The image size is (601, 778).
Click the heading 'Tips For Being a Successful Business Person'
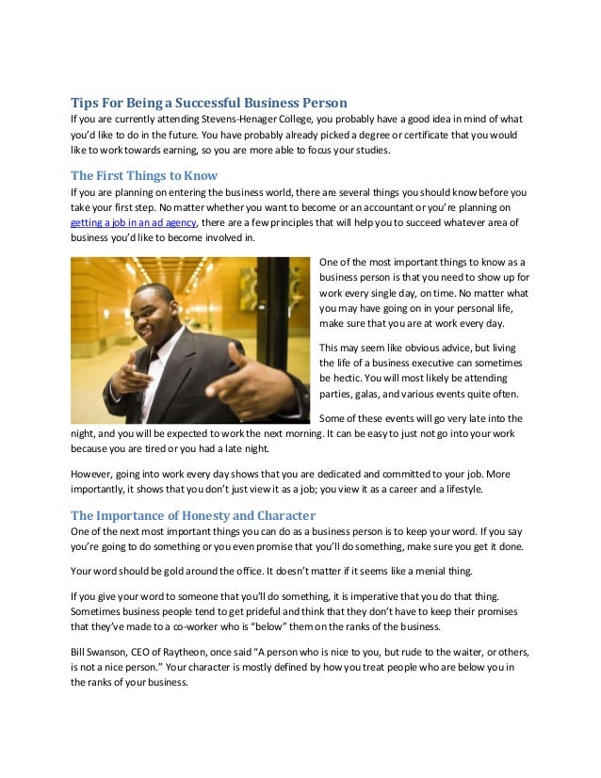pos(209,102)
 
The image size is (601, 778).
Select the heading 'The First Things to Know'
pos(144,174)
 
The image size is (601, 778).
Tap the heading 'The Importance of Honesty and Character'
pos(193,515)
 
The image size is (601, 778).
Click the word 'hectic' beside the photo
pos(350,377)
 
